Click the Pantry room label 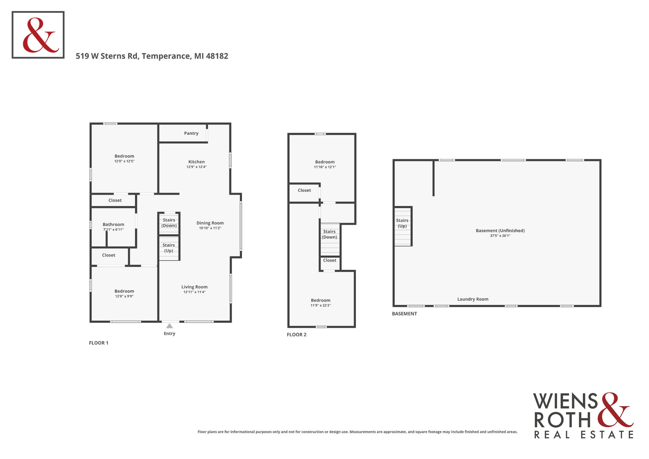191,133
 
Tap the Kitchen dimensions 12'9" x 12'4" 197,167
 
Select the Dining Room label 210,223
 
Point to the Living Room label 195,287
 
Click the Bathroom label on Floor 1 113,224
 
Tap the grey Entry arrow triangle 169,326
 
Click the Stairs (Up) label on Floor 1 169,248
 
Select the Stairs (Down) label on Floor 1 169,223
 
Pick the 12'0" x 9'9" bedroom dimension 124,296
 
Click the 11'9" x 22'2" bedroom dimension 321,305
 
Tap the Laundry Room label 473,299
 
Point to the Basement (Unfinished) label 500,231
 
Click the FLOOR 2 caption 297,335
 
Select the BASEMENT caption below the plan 404,314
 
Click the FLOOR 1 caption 99,343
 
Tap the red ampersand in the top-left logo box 40,35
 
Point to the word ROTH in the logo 562,420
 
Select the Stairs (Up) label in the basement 402,223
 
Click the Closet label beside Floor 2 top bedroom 304,190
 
